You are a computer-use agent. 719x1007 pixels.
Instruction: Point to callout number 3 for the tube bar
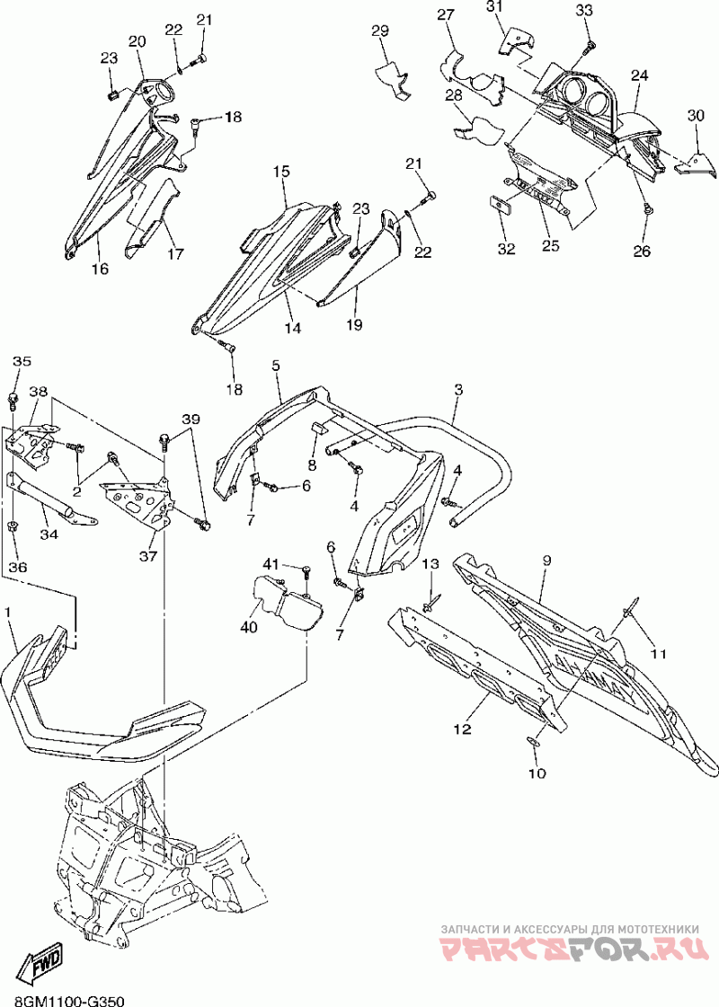[x=458, y=389]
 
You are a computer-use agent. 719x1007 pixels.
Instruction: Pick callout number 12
[x=462, y=729]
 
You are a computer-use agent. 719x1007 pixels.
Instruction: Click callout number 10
[x=537, y=773]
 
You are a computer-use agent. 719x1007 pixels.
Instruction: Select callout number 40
[x=248, y=627]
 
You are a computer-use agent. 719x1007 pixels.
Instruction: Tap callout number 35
[x=22, y=361]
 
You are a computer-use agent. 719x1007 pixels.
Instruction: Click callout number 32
[x=506, y=249]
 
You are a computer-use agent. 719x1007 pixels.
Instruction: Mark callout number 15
[x=280, y=172]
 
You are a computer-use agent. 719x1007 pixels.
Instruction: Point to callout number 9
[x=546, y=560]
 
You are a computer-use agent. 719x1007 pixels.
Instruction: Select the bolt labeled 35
[x=13, y=402]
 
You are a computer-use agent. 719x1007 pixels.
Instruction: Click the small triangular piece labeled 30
[x=695, y=165]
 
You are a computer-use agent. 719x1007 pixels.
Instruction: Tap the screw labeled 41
[x=306, y=570]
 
